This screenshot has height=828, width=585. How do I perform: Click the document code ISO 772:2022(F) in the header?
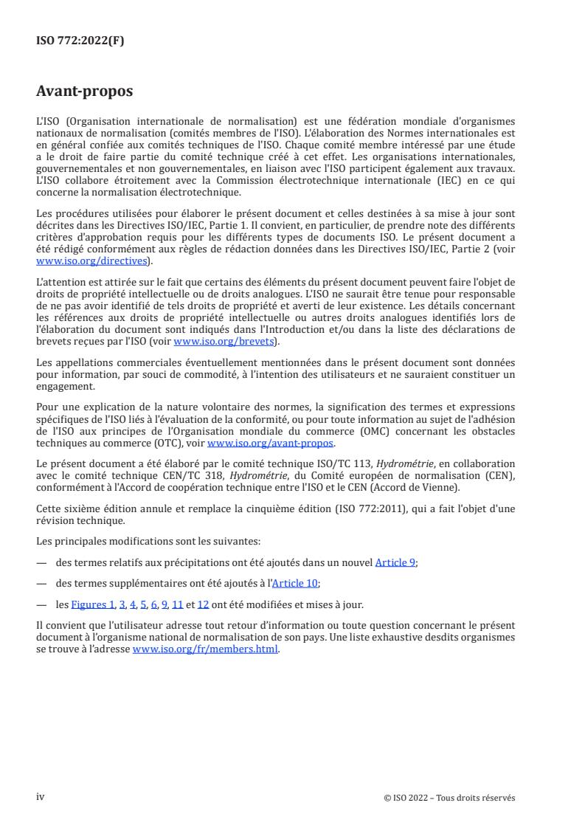(x=80, y=41)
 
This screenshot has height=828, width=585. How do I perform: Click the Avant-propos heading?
(x=84, y=92)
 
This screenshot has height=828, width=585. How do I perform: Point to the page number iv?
(x=41, y=797)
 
